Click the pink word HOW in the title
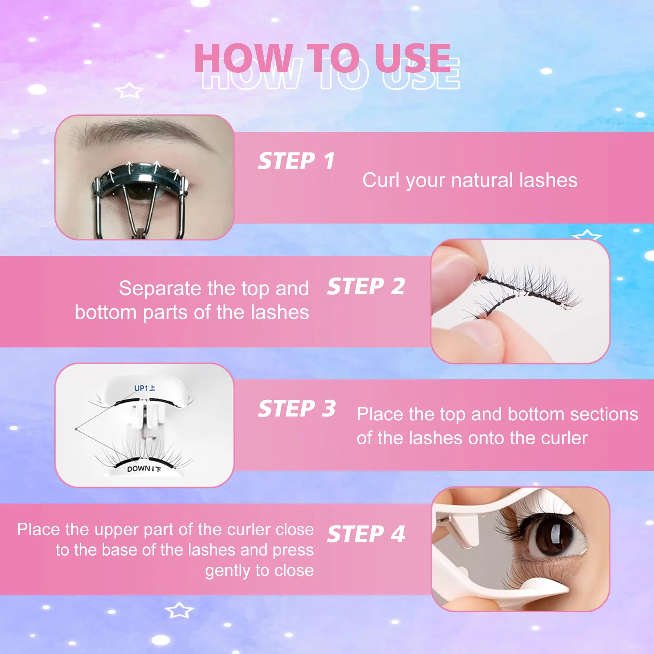(x=244, y=58)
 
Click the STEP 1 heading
(x=296, y=161)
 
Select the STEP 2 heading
(x=366, y=286)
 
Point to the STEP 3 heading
(x=297, y=409)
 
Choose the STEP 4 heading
(x=366, y=534)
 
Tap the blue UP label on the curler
(x=144, y=388)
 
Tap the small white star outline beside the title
(x=130, y=90)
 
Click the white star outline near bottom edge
(x=179, y=610)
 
